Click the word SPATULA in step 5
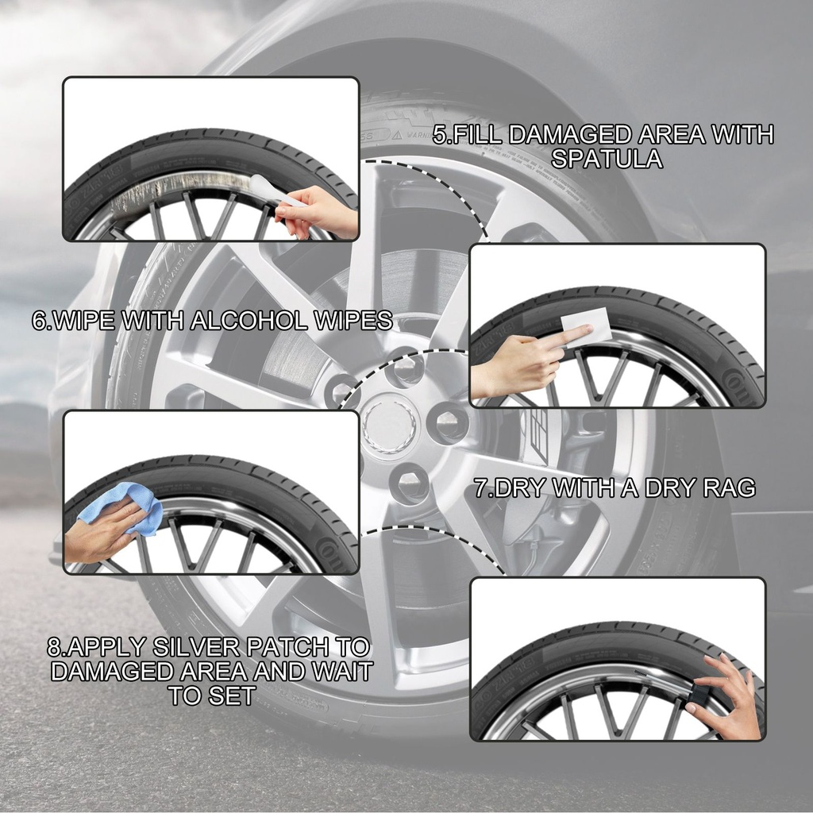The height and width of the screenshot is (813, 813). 606,159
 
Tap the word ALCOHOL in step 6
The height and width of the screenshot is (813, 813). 249,321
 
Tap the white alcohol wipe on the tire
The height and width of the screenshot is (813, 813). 586,325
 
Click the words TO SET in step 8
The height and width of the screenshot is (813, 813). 212,695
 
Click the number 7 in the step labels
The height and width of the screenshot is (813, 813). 480,488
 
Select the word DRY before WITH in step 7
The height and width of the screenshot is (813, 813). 521,488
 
